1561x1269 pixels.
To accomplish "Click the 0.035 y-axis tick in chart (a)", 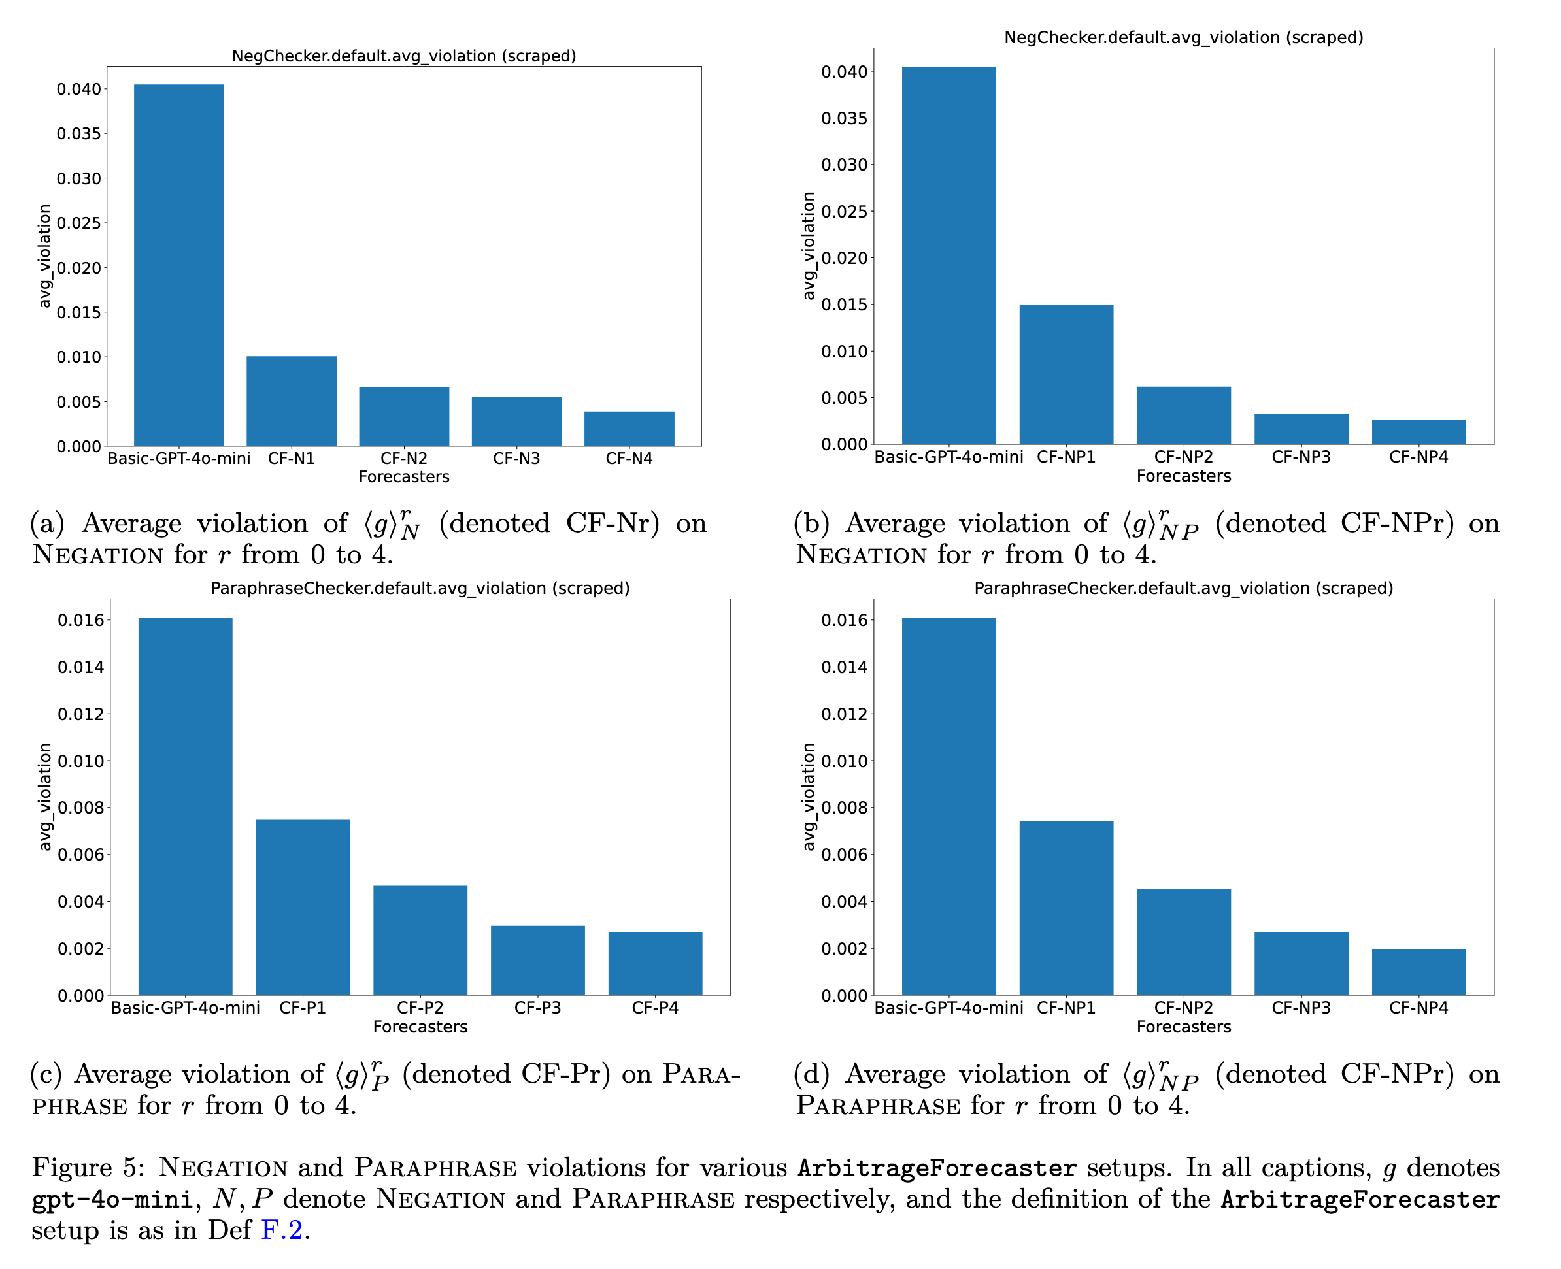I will [79, 134].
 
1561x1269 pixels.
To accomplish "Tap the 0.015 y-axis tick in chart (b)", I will [844, 305].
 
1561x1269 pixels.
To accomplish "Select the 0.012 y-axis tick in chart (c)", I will [80, 714].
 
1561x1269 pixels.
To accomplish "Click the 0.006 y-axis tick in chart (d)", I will [844, 855].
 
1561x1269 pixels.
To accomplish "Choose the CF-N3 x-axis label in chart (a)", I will [516, 458].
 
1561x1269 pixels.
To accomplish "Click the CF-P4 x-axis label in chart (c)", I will [654, 1008].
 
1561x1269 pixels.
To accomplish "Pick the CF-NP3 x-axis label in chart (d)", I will [1301, 1008].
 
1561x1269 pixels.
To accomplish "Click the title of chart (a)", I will [403, 56].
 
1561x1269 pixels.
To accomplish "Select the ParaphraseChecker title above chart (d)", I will [1183, 589].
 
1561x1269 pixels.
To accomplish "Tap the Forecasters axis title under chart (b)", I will [1183, 476].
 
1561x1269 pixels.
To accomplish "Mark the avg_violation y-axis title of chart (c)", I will [45, 797].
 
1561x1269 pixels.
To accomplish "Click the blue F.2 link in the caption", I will [282, 1230].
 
